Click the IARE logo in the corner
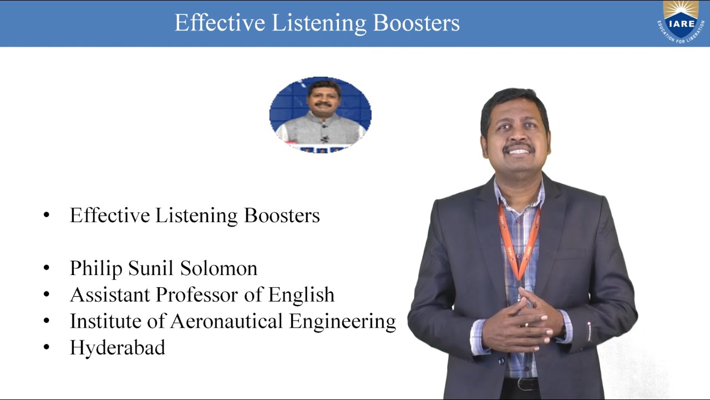coord(681,22)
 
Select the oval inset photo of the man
coord(320,115)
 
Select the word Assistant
coord(110,295)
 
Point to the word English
coord(301,295)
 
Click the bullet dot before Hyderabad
coord(47,348)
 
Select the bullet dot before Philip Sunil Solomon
coord(47,268)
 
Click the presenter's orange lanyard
coord(519,244)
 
